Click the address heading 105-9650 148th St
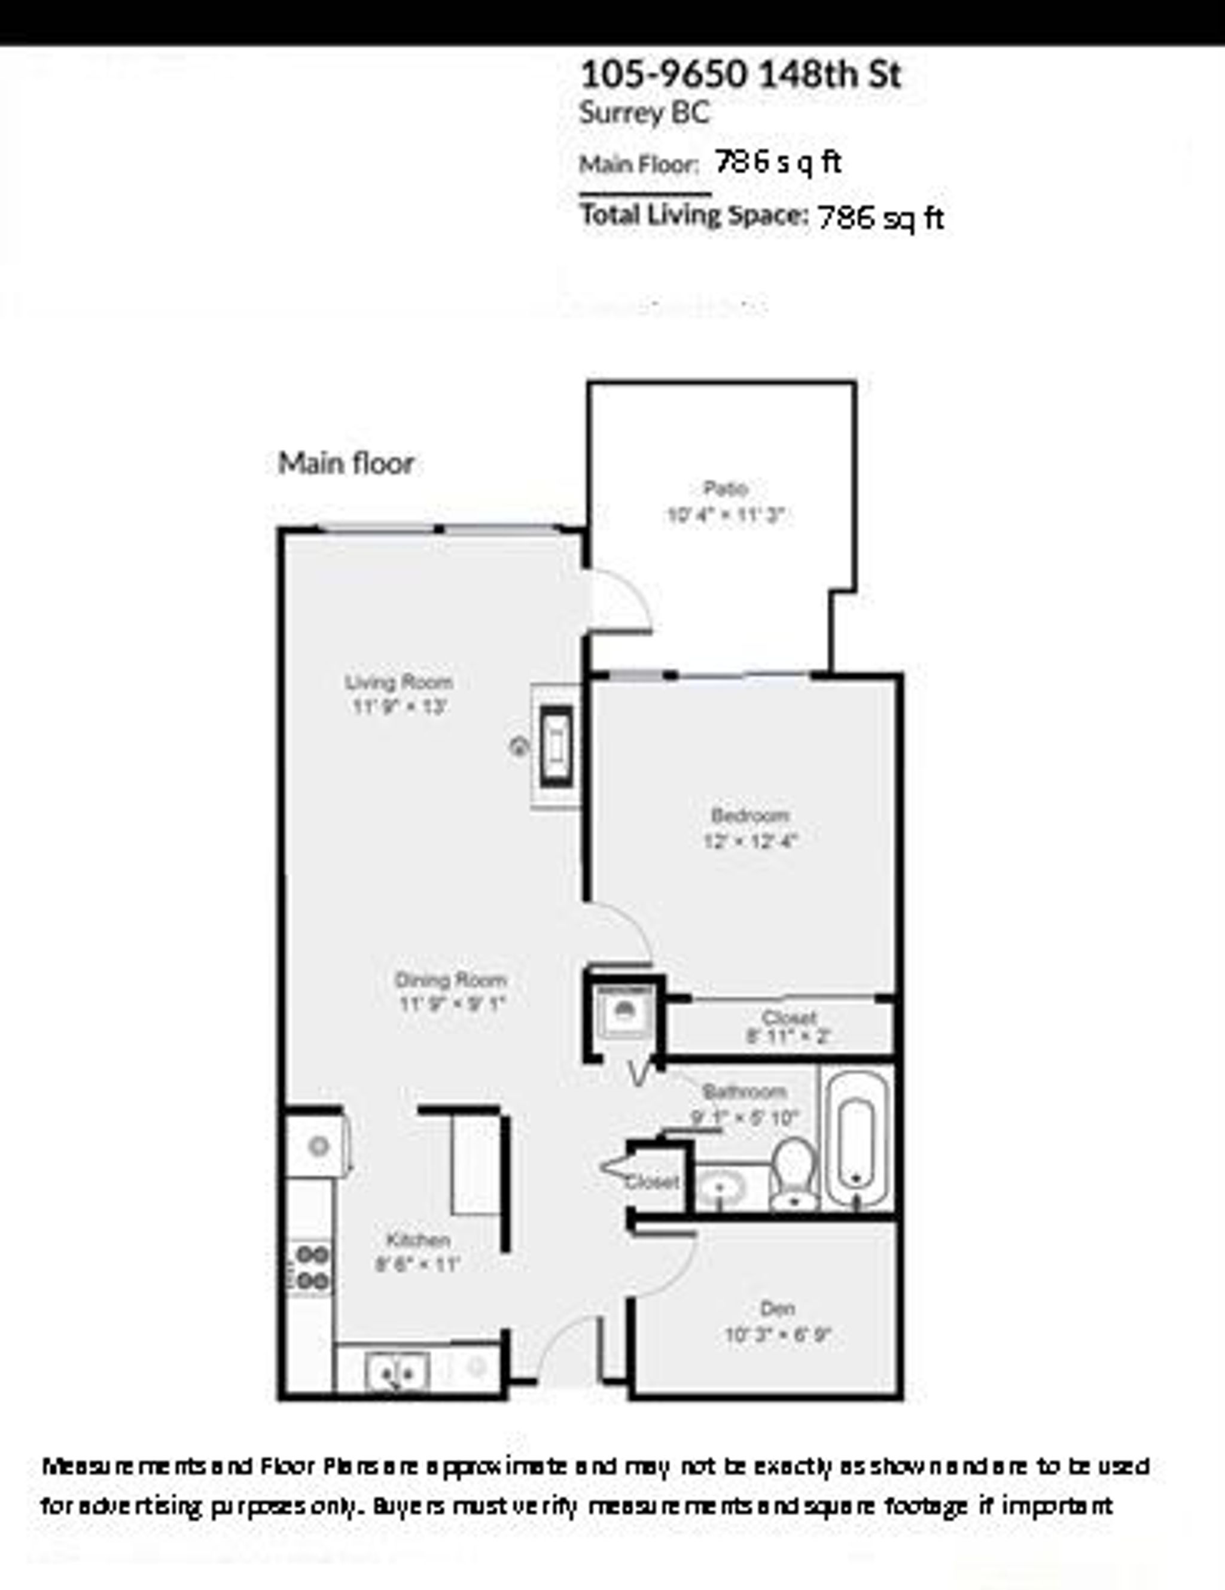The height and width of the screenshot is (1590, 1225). [741, 74]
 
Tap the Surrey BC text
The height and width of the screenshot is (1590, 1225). [644, 114]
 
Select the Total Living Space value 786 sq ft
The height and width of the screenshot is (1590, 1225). [880, 218]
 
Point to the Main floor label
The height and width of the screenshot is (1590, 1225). [346, 464]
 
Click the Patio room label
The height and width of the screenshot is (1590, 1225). [725, 488]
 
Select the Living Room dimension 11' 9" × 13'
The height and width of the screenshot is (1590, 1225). [399, 706]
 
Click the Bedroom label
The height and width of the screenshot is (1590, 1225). [749, 816]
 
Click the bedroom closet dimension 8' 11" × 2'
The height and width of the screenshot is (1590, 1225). [788, 1036]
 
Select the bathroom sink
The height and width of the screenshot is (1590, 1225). [721, 1187]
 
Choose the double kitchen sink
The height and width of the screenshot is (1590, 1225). [396, 1372]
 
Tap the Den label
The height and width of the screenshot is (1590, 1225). [776, 1308]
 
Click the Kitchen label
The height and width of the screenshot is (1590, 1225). [418, 1240]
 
